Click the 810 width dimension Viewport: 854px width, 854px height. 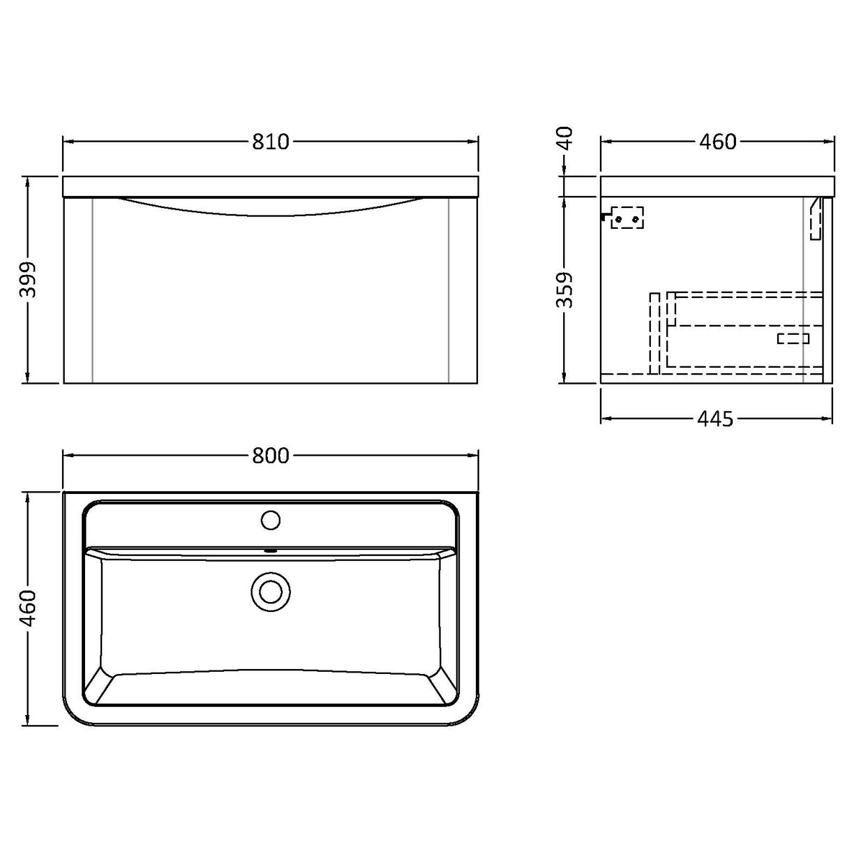tap(270, 142)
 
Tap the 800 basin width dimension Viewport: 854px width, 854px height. tap(270, 456)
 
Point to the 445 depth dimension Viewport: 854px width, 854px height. tap(715, 419)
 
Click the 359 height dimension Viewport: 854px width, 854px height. tap(566, 290)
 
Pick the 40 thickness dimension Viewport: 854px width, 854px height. tap(566, 137)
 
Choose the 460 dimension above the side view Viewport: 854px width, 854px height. tap(717, 142)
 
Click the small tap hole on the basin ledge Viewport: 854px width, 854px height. tap(270, 520)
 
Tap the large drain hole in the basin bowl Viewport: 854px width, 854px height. tap(270, 590)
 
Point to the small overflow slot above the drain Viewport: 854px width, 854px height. tap(270, 550)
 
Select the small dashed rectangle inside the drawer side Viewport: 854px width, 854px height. tap(793, 338)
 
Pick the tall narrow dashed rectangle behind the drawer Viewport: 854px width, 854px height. tap(654, 333)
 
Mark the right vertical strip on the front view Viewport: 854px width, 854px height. tap(450, 290)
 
